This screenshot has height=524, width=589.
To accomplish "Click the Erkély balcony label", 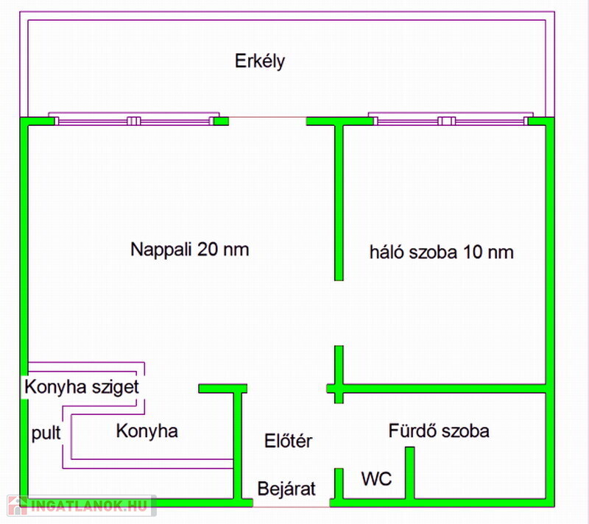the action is (x=260, y=62).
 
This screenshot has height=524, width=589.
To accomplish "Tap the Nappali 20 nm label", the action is (x=190, y=249).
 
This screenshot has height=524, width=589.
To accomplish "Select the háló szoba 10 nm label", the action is (x=441, y=252).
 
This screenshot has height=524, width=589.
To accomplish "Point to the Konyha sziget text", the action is (x=82, y=386).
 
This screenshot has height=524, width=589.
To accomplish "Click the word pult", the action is (x=46, y=433).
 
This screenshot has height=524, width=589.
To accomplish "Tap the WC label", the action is (x=376, y=479).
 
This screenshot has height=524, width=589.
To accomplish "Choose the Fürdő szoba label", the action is (x=439, y=431).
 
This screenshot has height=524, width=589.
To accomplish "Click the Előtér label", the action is (x=288, y=441).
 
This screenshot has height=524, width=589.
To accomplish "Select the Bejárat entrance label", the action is (x=286, y=489).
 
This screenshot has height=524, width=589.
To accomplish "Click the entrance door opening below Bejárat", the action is (x=292, y=507).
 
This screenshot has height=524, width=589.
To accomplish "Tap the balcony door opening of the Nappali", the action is (x=267, y=118).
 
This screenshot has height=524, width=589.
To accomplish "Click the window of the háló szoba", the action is (x=451, y=119).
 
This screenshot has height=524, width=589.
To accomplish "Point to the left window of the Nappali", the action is (x=134, y=119).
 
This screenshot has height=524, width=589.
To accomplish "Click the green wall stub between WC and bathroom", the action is (x=410, y=473).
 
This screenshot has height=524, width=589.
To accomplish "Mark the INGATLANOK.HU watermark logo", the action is (x=82, y=506).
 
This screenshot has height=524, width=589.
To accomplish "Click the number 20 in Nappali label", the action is (x=208, y=249).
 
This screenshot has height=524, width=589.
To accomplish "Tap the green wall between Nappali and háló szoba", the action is (x=339, y=202).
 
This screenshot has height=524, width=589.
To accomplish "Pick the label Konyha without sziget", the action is (x=147, y=431).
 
